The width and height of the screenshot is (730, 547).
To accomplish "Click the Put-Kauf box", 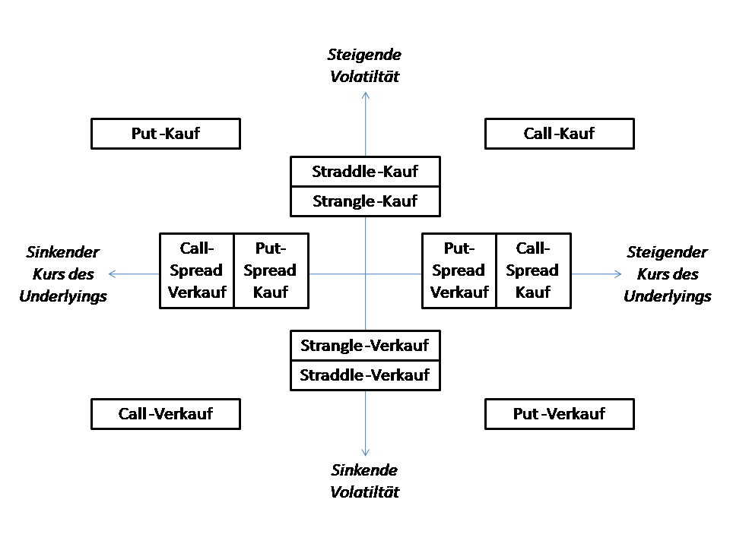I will (166, 134).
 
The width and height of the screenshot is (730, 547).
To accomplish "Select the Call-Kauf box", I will (559, 134).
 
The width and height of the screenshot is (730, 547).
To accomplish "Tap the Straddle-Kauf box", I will (365, 172).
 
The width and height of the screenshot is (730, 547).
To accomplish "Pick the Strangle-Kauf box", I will (365, 202).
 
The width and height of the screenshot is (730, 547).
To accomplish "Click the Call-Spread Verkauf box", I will (197, 270).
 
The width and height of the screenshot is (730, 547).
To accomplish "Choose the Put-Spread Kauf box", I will (271, 270).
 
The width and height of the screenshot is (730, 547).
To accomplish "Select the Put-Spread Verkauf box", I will (459, 270).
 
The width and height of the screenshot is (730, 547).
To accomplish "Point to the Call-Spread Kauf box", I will (532, 270).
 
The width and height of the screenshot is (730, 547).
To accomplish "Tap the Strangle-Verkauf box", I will (365, 346).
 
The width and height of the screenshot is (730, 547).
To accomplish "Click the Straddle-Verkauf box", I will (365, 375).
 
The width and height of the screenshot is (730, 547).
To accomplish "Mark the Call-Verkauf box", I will (166, 414).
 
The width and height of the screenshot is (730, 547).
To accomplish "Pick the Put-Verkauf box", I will (559, 414).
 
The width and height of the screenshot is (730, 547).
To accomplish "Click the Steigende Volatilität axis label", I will (364, 65).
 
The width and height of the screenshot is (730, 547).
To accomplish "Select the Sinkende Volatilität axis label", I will (364, 481).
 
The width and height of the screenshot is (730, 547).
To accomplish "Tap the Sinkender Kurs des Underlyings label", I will (63, 274).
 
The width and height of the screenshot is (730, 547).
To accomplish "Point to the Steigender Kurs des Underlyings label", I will (667, 274).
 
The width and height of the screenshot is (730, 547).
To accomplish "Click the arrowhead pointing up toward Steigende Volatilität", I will (366, 94).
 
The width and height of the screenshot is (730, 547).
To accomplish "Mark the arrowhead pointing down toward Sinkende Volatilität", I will (366, 453).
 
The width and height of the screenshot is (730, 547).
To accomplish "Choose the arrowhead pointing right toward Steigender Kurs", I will (618, 273).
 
